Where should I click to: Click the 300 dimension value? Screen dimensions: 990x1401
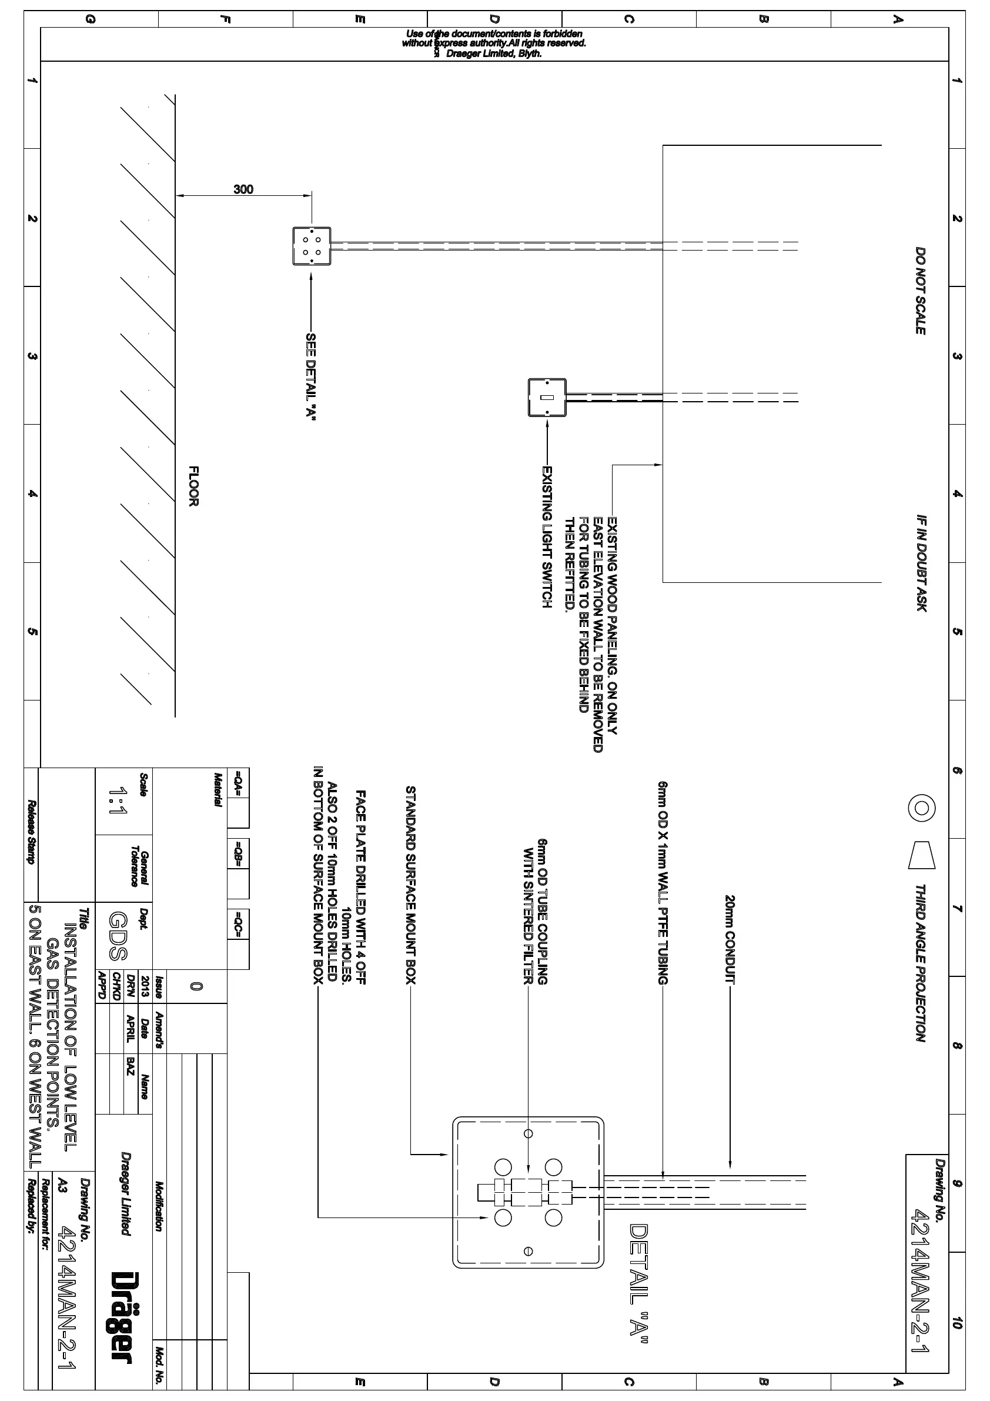point(243,189)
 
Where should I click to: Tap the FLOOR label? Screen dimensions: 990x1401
point(193,486)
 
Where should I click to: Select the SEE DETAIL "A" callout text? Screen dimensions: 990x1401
point(310,376)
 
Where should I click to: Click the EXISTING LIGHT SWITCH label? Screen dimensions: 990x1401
point(547,537)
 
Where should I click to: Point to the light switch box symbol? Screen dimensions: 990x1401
point(547,398)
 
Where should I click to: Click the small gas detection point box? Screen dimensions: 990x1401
point(312,246)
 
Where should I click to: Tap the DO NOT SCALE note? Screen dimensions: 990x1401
point(921,291)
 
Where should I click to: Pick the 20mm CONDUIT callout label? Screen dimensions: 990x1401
point(730,940)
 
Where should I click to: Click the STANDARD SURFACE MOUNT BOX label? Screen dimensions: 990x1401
point(410,885)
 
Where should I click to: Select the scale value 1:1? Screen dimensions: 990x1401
point(117,802)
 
